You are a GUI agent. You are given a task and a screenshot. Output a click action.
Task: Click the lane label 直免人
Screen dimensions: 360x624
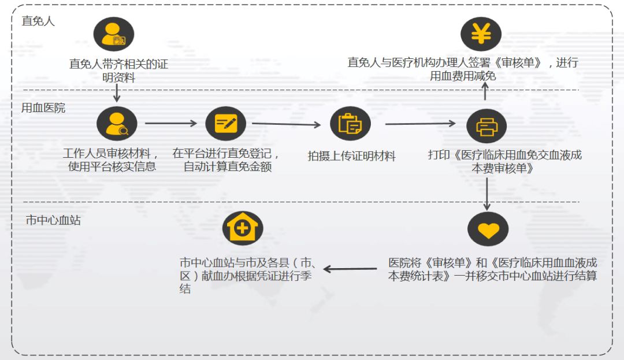(38, 21)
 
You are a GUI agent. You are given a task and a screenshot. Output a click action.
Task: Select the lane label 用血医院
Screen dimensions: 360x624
(43, 107)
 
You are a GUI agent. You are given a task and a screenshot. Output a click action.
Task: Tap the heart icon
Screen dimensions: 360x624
(488, 229)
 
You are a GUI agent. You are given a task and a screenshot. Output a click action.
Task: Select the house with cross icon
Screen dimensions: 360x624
(243, 228)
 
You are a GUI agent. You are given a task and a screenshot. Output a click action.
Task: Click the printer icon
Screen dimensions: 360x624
(486, 125)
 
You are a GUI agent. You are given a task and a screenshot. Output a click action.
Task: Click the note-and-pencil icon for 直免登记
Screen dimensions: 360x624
(225, 124)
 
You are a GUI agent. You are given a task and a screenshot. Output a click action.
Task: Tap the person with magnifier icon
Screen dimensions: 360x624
(117, 124)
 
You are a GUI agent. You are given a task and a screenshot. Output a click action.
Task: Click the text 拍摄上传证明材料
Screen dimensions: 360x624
(351, 156)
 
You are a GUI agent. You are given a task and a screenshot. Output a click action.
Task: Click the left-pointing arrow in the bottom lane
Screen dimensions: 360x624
(350, 269)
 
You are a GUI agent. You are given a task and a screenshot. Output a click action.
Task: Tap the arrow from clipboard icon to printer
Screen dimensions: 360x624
(420, 123)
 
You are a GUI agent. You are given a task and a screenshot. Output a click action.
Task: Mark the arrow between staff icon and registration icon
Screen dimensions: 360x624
(171, 123)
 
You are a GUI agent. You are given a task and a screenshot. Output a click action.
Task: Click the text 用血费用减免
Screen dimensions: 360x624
(463, 76)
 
